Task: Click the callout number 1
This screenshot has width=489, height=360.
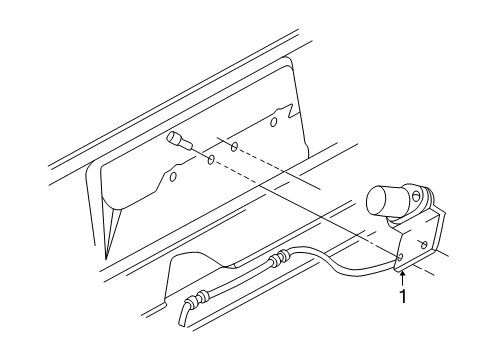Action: coord(404,297)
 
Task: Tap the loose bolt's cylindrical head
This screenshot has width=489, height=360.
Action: coord(175,139)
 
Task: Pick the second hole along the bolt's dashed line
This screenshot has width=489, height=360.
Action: coord(233,146)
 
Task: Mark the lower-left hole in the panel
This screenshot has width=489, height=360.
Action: coord(172,178)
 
